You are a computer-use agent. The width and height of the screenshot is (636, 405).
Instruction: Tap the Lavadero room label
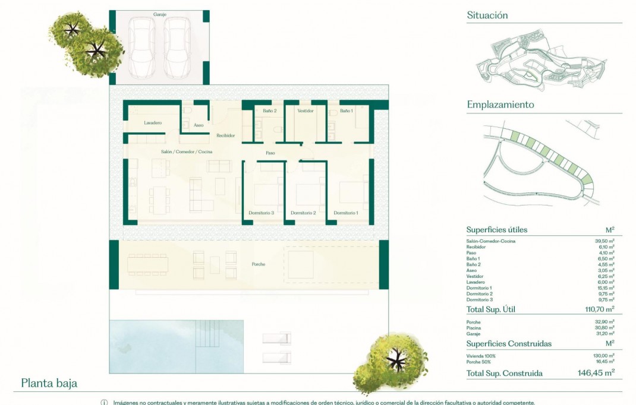[x=153, y=123]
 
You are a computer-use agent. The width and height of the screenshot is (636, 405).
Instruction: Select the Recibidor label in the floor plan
[x=225, y=135]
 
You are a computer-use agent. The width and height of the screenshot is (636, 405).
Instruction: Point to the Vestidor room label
[x=305, y=110]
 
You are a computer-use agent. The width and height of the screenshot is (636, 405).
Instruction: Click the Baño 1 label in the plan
[x=347, y=110]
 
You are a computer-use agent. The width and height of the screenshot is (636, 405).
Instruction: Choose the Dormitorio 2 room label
[x=303, y=213]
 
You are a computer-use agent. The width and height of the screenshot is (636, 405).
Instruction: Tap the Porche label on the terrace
[x=259, y=264]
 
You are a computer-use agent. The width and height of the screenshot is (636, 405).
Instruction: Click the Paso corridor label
[x=270, y=153]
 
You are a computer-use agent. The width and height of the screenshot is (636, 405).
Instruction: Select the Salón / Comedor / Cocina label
[x=187, y=152]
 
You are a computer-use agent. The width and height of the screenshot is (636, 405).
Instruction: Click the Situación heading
[x=487, y=15]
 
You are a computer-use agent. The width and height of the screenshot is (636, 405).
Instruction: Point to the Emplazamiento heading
[x=500, y=105]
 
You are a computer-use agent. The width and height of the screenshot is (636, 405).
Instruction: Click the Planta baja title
[x=49, y=383]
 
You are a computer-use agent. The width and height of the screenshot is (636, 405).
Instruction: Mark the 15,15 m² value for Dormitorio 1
[x=604, y=288]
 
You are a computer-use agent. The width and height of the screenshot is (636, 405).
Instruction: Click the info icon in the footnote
[x=105, y=402]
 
